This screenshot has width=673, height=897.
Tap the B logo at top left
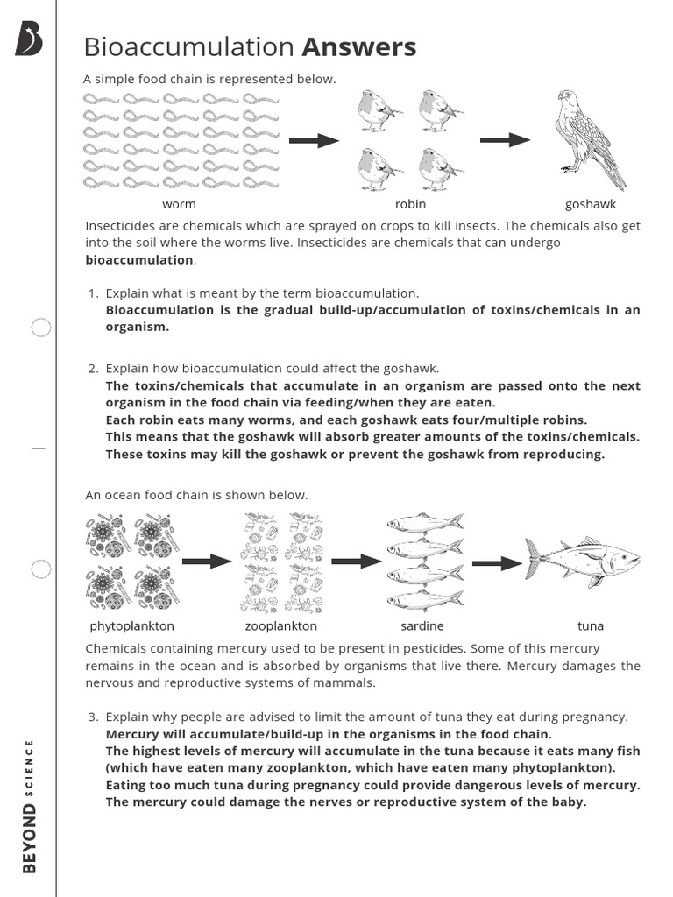[x=29, y=40]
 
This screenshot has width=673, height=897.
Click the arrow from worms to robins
[x=314, y=140]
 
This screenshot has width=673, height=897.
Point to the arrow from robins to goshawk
[x=505, y=140]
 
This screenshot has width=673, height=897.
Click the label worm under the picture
[x=179, y=204]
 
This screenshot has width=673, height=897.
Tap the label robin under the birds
[x=410, y=204]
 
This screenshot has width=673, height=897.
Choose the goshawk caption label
[x=591, y=204]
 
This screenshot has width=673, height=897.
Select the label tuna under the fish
[x=591, y=626]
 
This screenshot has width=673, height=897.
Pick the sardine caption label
[x=422, y=626]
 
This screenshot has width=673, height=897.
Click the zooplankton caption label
[x=281, y=626]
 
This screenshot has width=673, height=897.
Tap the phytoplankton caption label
[x=132, y=626]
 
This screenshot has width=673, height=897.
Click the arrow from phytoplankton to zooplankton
[x=207, y=562]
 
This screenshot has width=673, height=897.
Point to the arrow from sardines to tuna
[x=497, y=563]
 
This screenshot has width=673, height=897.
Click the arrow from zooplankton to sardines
[x=358, y=562]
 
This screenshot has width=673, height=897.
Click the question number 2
[x=93, y=369]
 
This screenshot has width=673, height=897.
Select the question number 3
[x=93, y=717]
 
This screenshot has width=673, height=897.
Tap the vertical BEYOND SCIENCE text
[x=30, y=806]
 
